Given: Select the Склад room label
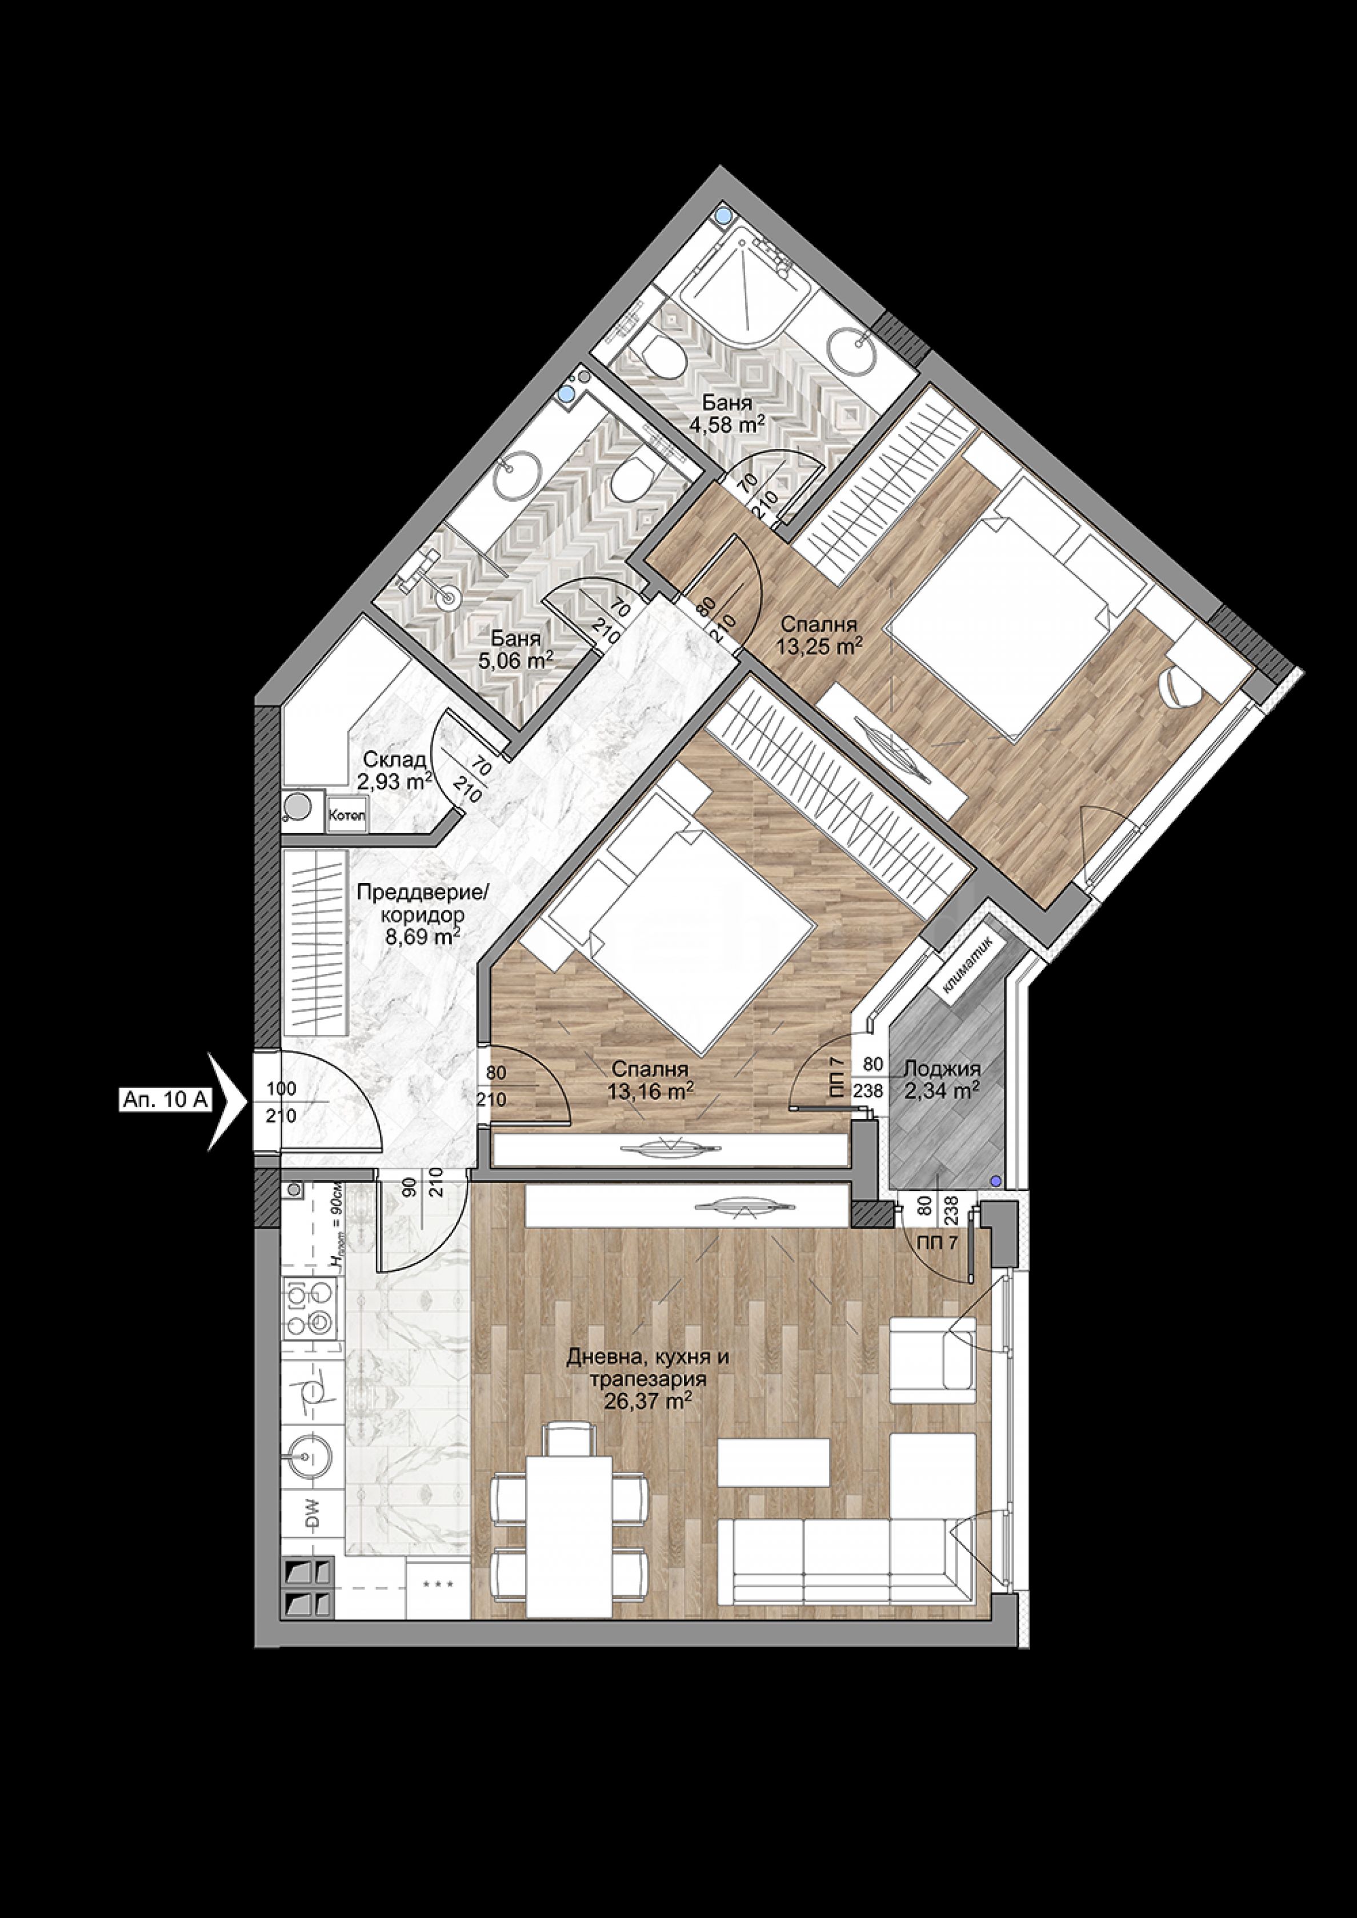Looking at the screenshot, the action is [x=394, y=760].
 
